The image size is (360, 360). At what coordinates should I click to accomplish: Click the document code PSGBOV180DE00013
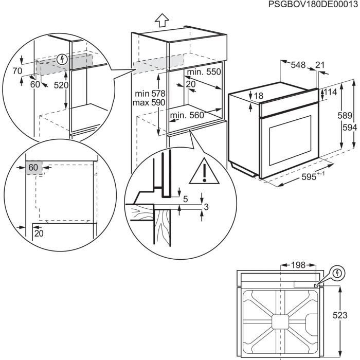point(312,5)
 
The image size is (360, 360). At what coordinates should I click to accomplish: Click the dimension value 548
point(298,65)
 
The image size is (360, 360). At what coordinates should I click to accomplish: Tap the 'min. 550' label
point(204,72)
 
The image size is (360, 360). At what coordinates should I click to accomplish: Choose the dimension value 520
point(61,85)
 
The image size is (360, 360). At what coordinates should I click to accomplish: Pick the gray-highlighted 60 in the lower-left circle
point(33,167)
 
